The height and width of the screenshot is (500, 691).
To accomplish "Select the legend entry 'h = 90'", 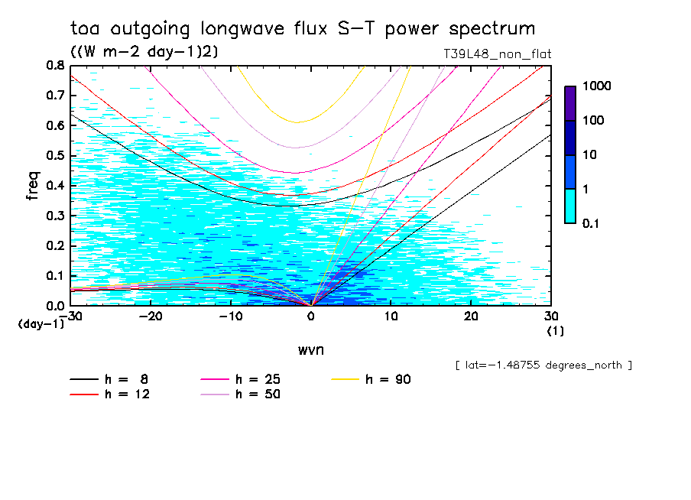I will pyautogui.click(x=389, y=380).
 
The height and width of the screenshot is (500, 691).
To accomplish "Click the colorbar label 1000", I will pyautogui.click(x=597, y=86).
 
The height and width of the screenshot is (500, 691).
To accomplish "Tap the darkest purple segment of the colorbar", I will pyautogui.click(x=570, y=103).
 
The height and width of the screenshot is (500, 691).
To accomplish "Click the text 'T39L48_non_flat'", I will pyautogui.click(x=492, y=54).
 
